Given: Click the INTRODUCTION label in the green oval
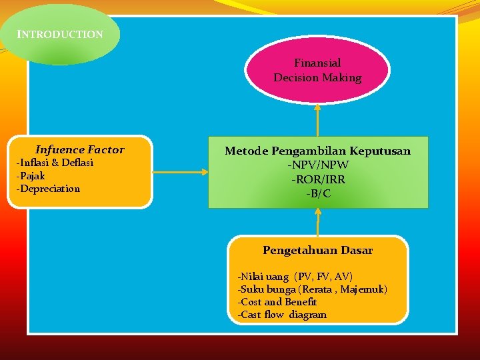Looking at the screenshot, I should point(60,34).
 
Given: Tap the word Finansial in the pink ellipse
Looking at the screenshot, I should point(317,63).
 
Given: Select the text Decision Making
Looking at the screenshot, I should point(317,78).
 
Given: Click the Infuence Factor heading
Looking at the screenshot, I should point(80,150).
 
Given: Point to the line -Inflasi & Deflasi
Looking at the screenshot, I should point(55,163).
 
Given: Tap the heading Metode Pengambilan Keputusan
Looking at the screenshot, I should point(317,151).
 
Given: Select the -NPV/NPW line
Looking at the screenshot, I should point(318,165).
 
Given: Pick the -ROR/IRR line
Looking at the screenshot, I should point(318,180).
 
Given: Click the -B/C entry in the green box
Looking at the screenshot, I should point(318,194).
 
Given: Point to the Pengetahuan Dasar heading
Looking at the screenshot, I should point(317,251).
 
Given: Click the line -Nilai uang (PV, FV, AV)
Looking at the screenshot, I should point(295,277).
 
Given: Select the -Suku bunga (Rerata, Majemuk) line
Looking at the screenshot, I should point(312,289).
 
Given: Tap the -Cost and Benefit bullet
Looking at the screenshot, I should point(277,302).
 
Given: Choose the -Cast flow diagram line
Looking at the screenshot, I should point(282,315).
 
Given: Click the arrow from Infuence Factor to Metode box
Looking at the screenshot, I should point(180,173).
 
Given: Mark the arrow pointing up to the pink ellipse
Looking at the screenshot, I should point(318,120).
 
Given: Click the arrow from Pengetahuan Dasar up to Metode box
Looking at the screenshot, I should point(318,222).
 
